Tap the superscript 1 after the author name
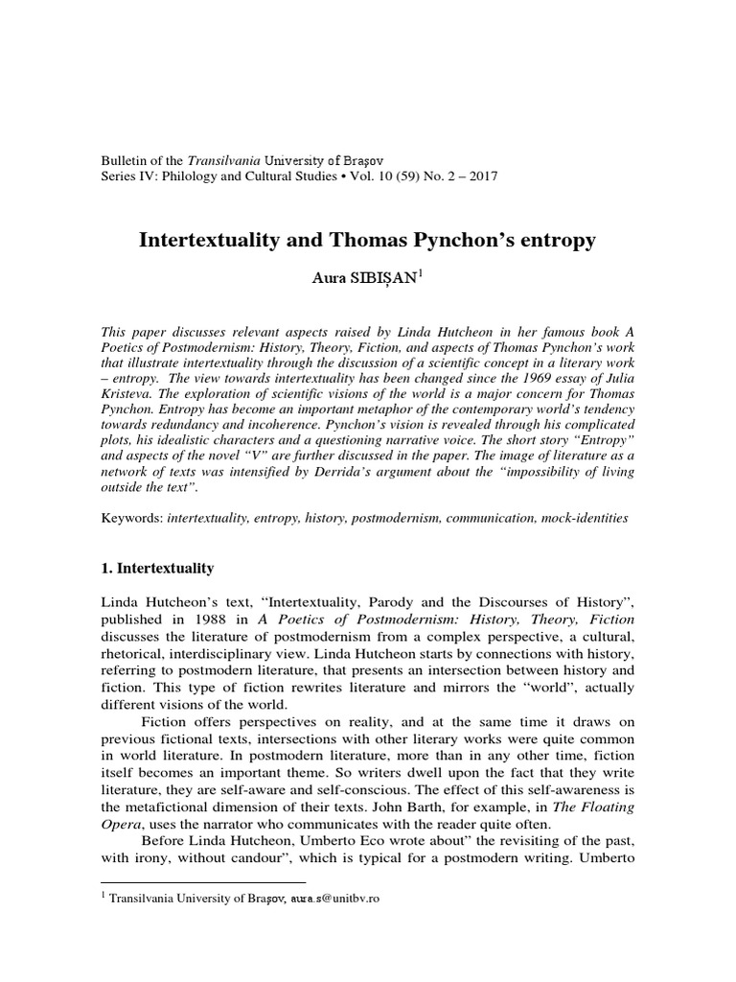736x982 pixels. point(420,274)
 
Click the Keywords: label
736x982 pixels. point(132,518)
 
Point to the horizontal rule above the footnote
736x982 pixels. point(203,880)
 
